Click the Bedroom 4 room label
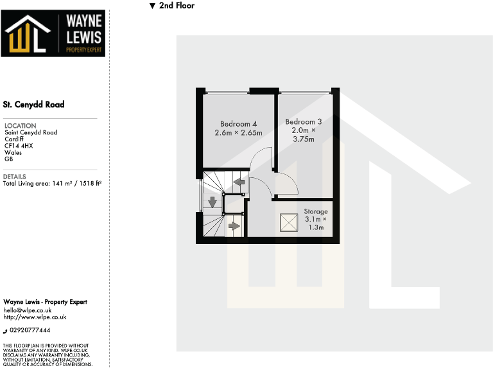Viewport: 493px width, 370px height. (x=238, y=124)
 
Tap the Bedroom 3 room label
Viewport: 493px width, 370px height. (x=304, y=121)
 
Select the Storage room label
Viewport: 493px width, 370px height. (x=315, y=211)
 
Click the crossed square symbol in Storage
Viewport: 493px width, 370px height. (x=289, y=223)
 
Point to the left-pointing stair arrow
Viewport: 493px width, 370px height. (x=239, y=183)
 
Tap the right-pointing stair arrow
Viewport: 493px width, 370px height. (x=234, y=226)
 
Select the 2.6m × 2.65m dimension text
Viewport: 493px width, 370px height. (x=238, y=133)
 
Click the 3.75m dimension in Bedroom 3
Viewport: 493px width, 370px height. (x=304, y=139)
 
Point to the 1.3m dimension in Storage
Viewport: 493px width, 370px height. (x=315, y=228)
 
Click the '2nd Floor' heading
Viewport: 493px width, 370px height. (x=177, y=6)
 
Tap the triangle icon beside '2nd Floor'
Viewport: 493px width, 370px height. (x=152, y=6)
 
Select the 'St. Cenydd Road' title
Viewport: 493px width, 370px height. (x=33, y=104)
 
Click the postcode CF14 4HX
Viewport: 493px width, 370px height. (x=19, y=146)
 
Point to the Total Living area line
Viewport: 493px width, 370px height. (x=53, y=183)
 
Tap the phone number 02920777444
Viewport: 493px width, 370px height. (x=30, y=330)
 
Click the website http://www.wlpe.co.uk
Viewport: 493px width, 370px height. (x=35, y=317)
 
